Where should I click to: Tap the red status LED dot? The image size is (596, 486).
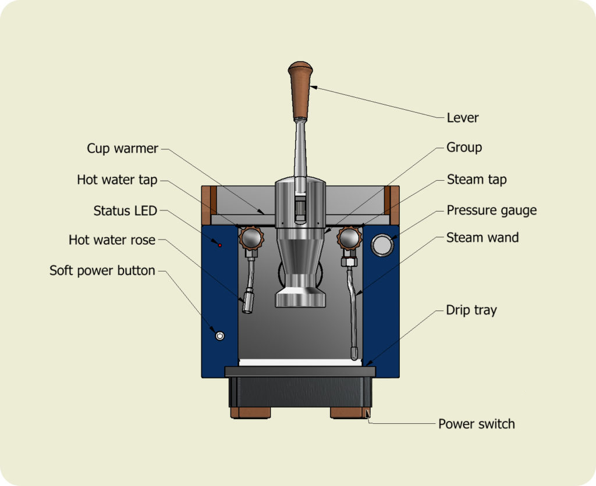pyautogui.click(x=219, y=245)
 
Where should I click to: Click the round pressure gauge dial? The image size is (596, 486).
pyautogui.click(x=382, y=245)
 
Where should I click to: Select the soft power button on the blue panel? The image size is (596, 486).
pyautogui.click(x=219, y=336)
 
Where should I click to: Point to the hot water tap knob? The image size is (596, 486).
pyautogui.click(x=251, y=238)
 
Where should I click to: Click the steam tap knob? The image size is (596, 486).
pyautogui.click(x=349, y=238)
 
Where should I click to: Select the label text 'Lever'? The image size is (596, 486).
pyautogui.click(x=463, y=117)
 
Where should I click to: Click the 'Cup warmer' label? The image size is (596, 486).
pyautogui.click(x=122, y=148)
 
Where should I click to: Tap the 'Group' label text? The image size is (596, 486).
pyautogui.click(x=464, y=147)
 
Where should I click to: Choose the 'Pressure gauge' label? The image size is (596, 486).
pyautogui.click(x=491, y=210)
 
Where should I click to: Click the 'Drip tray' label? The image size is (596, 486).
pyautogui.click(x=471, y=310)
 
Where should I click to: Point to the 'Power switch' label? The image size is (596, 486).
pyautogui.click(x=476, y=424)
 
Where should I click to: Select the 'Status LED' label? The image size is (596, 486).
pyautogui.click(x=125, y=210)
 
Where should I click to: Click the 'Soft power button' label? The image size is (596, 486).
pyautogui.click(x=102, y=270)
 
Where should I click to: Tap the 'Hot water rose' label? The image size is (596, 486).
pyautogui.click(x=112, y=240)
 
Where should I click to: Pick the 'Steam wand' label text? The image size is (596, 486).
pyautogui.click(x=483, y=237)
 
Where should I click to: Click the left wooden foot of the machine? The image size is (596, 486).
pyautogui.click(x=250, y=413)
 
